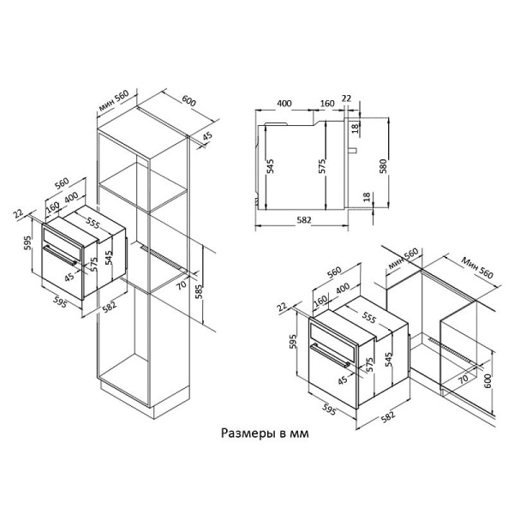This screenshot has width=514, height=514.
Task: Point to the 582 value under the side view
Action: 303,221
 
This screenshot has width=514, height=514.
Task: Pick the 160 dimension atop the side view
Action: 326,104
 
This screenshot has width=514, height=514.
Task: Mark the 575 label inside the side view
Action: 321,166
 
